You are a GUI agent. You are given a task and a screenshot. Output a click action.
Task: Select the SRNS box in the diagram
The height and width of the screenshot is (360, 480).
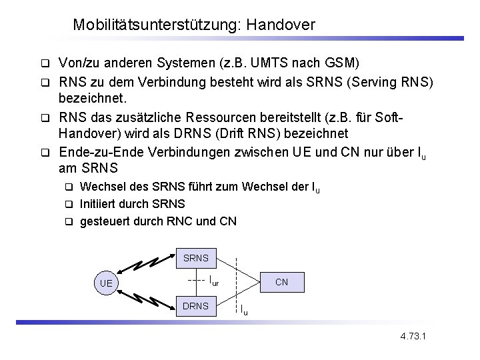coord(195,257)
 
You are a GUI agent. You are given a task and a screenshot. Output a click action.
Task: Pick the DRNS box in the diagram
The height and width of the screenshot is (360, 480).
coord(195,306)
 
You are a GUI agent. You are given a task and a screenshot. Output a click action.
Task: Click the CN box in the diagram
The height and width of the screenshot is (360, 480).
coord(281,282)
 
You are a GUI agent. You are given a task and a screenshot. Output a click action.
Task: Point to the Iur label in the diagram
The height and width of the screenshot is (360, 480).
coord(213,281)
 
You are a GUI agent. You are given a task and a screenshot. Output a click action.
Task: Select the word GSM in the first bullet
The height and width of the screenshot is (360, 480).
coord(343,64)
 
